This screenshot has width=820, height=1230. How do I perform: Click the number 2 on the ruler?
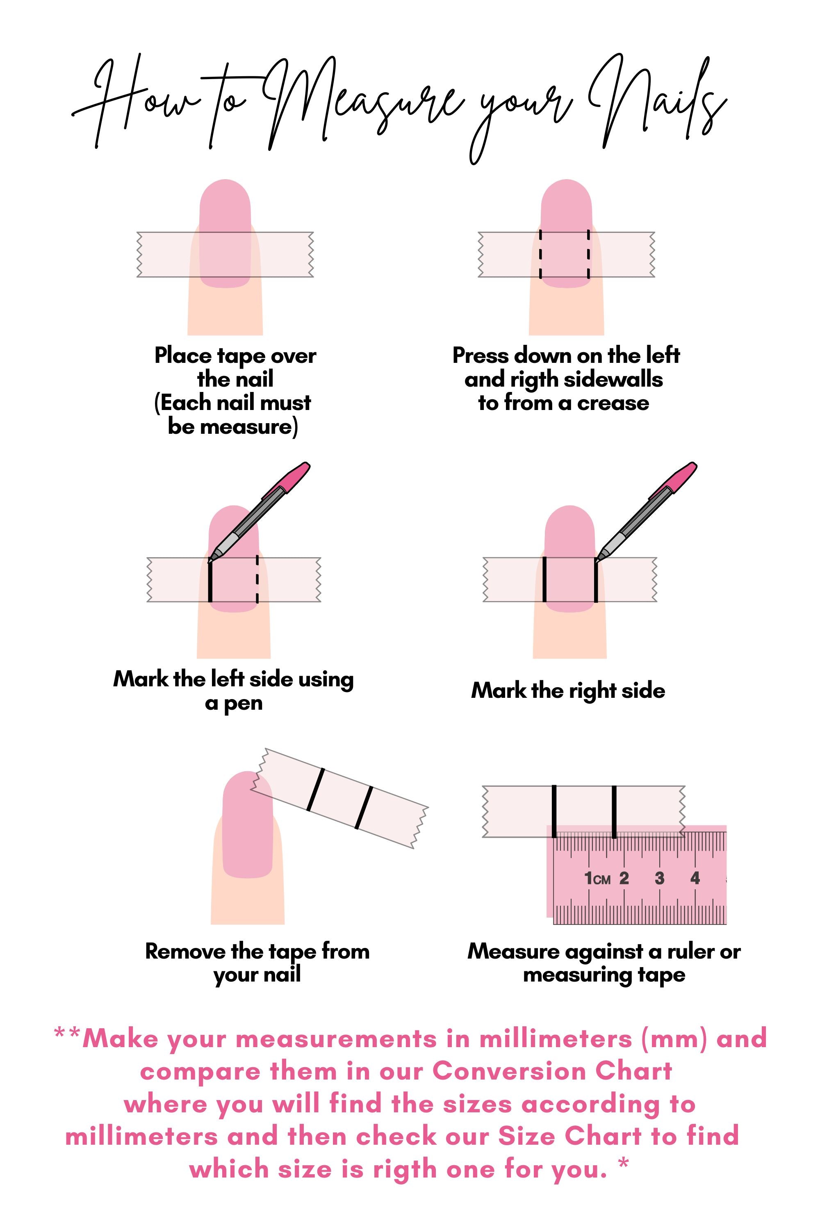pos(624,878)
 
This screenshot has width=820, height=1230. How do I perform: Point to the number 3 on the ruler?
pos(659,878)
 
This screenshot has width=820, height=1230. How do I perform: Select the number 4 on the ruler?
pos(695,878)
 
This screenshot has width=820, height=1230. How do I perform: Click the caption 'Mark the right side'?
pos(568,691)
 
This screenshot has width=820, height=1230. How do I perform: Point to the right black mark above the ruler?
pos(614,811)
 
